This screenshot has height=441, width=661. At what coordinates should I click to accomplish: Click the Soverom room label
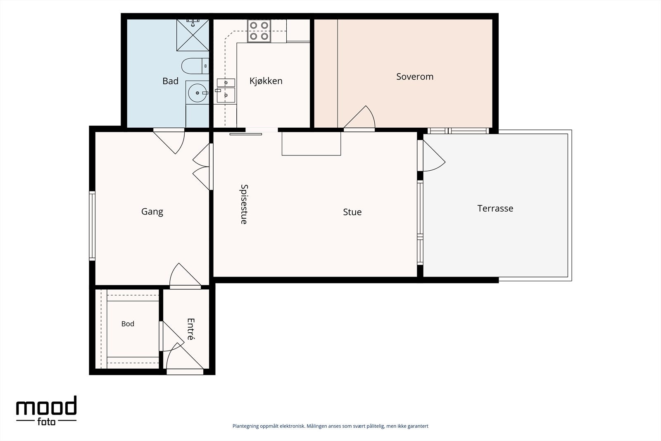(415, 77)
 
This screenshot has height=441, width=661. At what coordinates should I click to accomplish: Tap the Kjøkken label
(266, 81)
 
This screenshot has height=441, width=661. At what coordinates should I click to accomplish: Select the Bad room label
(170, 81)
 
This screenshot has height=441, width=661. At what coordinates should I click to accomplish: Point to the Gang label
(152, 212)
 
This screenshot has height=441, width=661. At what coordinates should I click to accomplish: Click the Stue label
(352, 212)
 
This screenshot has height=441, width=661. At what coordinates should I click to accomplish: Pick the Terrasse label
(495, 208)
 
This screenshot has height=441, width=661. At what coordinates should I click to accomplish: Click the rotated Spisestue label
(244, 204)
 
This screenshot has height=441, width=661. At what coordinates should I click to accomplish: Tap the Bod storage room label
(128, 324)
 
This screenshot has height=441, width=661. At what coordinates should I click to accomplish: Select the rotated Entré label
(190, 329)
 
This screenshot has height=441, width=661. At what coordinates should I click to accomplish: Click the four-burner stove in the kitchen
(259, 31)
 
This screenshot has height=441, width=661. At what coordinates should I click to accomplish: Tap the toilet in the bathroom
(195, 66)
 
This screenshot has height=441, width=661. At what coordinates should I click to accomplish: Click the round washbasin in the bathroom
(197, 93)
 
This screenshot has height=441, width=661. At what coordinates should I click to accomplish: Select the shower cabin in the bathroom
(193, 35)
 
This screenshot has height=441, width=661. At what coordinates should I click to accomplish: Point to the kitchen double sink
(226, 91)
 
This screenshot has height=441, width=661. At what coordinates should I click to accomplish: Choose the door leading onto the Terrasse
(431, 155)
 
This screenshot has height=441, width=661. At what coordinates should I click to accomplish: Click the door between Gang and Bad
(169, 141)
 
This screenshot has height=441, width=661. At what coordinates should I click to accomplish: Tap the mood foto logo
(46, 410)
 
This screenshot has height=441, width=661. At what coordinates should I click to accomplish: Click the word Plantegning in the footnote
(246, 426)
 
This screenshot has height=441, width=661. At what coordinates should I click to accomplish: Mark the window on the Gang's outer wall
(92, 226)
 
